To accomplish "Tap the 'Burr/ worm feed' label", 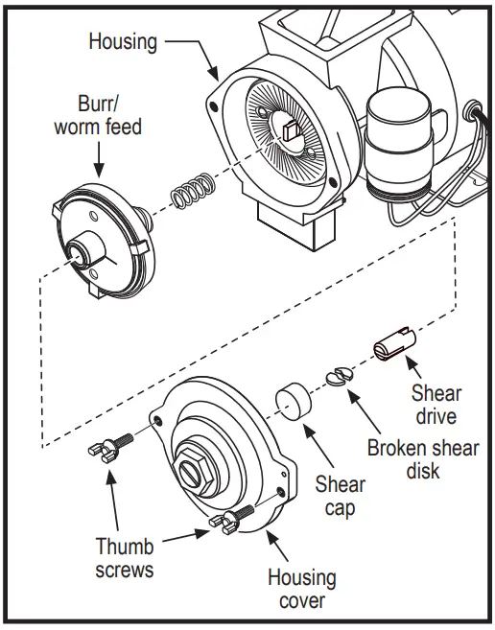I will point(96,114).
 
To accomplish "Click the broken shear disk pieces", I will point(340,376).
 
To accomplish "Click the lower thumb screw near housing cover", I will point(231,519).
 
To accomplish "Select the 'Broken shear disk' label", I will point(422,459).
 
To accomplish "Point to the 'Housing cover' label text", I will point(301,589).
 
